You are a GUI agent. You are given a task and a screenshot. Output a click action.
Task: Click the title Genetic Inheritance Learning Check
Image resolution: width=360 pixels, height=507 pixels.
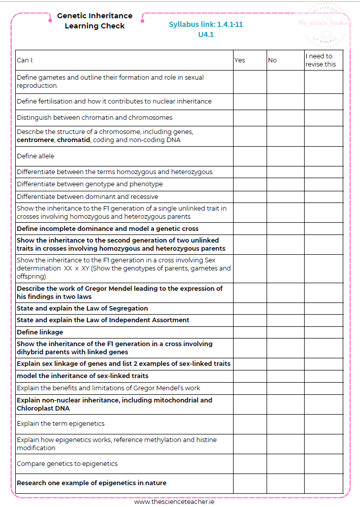pos(94,21)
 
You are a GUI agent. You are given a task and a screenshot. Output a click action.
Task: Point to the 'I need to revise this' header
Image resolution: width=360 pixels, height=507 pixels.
pos(323,60)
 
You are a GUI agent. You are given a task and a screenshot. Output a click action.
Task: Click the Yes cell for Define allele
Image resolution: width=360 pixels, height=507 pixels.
pos(250,156)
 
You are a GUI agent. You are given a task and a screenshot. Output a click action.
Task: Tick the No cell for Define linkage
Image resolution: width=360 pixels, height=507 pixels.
pos(285,332)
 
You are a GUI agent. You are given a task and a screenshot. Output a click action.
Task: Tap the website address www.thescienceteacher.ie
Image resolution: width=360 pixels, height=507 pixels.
pos(174,501)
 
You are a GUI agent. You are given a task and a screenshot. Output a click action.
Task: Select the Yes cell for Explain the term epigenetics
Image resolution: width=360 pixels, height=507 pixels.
pos(250,424)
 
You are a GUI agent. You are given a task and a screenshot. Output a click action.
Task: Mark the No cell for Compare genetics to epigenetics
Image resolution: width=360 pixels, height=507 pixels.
pos(285,464)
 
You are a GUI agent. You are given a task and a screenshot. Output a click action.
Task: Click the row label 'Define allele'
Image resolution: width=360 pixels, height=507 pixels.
pos(36,156)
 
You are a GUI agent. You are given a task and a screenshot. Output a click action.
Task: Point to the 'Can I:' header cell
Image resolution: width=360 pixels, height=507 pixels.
pos(25,60)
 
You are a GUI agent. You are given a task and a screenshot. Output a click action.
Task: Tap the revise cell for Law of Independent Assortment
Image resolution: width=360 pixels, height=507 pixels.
pos(323,320)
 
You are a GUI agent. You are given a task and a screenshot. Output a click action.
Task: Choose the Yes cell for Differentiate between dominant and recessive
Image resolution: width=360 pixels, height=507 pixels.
pos(250,197)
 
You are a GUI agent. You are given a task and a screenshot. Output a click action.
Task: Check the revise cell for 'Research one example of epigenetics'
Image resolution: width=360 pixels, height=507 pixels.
pos(323,483)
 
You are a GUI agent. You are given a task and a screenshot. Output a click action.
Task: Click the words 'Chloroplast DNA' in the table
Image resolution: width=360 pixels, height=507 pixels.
pos(43,409)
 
